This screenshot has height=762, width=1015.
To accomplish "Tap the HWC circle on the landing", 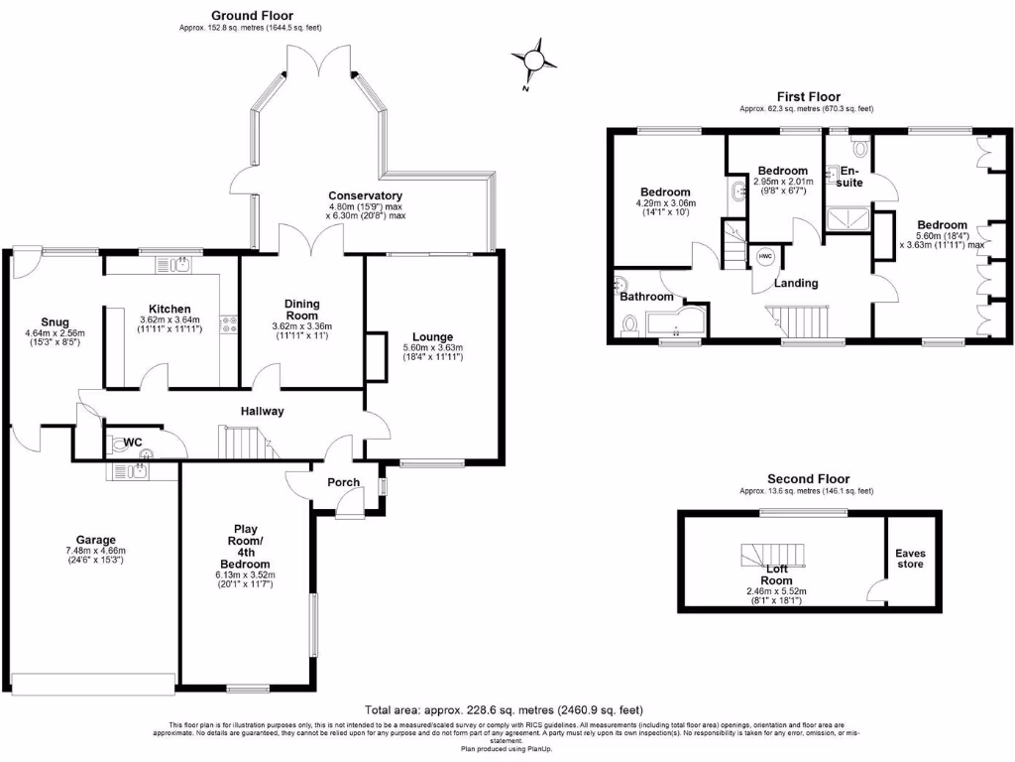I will (x=765, y=255).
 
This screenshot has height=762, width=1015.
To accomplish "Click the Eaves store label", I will (x=909, y=559).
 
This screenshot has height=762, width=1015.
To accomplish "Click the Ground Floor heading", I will (x=253, y=15).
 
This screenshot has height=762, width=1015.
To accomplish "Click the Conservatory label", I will (x=365, y=195).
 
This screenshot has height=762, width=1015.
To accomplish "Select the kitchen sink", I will (x=181, y=265).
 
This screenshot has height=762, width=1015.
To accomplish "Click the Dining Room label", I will (x=302, y=309).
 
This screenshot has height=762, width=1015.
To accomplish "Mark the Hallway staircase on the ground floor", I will (x=244, y=441).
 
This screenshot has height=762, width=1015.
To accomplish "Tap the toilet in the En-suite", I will (x=858, y=149).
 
